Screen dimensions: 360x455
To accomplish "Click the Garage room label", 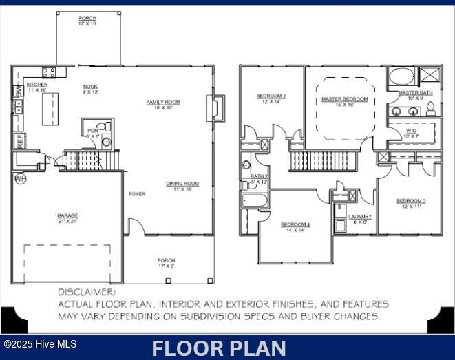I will (x=67, y=215).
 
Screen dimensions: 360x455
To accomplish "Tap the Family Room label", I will (x=163, y=103).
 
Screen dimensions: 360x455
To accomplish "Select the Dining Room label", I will (x=182, y=184).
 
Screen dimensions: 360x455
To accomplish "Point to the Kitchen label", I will (x=37, y=85).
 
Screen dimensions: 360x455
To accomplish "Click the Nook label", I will (x=90, y=87).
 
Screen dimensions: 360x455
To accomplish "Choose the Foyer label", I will (x=137, y=194).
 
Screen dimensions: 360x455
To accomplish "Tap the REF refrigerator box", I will (x=19, y=141).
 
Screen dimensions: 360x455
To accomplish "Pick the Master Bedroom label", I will (x=344, y=100).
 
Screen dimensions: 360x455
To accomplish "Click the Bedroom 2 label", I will (x=271, y=96).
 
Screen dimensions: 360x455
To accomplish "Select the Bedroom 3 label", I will (x=411, y=201).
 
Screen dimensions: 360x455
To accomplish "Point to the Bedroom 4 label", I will (x=295, y=225).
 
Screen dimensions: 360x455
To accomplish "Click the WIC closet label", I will (x=411, y=130).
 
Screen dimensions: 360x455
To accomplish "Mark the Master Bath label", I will (x=416, y=93).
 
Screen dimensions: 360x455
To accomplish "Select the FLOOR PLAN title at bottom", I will (x=219, y=348).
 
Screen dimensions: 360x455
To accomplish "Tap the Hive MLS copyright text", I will (x=39, y=344).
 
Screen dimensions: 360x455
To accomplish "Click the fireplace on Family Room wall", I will (x=211, y=108).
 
